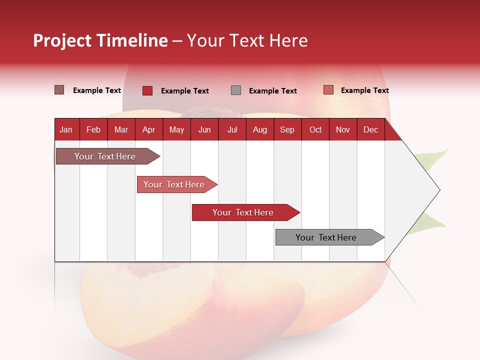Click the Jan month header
[x=66, y=129]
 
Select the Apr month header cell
[x=149, y=129]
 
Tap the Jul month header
[x=232, y=129]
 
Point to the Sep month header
[x=287, y=129]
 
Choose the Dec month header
[x=370, y=129]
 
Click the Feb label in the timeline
[x=93, y=129]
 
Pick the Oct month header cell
[x=315, y=129]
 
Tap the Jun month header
[x=204, y=129]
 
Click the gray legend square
[x=236, y=90]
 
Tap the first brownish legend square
[x=59, y=90]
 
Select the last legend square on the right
[x=328, y=90]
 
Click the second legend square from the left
[x=147, y=90]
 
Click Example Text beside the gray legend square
[x=272, y=91]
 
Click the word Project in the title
[x=62, y=40]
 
